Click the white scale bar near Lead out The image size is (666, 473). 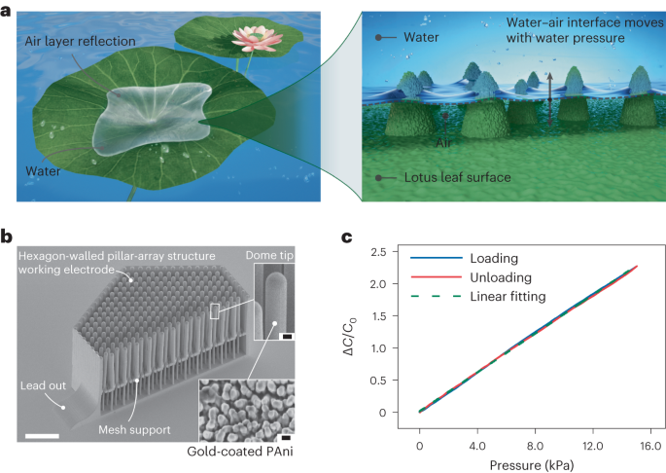click(44, 434)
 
